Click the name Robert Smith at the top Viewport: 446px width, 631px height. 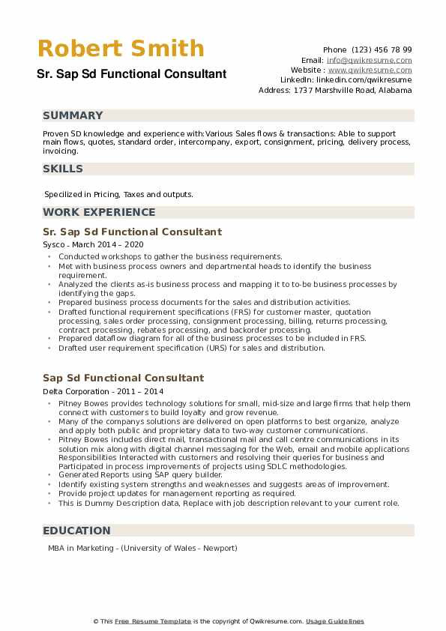(x=121, y=49)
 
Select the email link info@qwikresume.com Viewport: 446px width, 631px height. (x=369, y=60)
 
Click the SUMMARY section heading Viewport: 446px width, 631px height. (x=73, y=115)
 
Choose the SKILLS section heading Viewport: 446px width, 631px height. (x=63, y=169)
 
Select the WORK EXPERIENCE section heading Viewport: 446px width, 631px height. (x=99, y=212)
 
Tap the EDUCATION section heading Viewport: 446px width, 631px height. (x=76, y=531)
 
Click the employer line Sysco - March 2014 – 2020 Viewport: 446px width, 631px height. (x=93, y=245)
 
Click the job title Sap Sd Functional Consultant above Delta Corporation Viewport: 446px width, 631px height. (x=123, y=378)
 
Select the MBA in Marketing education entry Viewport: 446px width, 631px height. (x=142, y=548)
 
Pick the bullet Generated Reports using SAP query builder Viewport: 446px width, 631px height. (x=140, y=475)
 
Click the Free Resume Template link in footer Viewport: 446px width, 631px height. (x=153, y=621)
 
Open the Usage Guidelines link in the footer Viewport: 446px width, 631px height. (x=334, y=621)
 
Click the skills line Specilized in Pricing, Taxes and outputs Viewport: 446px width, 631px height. (x=118, y=194)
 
